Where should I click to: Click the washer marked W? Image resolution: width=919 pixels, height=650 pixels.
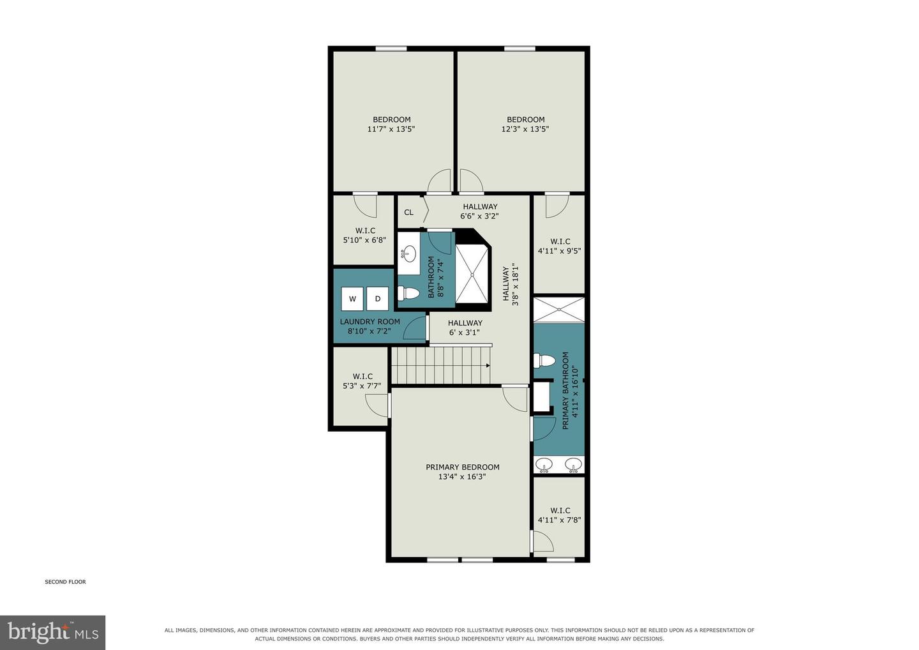tap(352, 299)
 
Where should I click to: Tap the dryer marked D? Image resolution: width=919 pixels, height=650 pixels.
tap(377, 299)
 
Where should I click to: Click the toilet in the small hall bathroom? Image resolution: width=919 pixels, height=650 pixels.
tap(408, 293)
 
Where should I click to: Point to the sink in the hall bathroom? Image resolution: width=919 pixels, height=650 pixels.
tap(408, 254)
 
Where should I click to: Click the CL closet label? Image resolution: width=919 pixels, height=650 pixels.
tap(408, 212)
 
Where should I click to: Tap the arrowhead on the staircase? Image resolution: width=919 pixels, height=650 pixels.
tap(488, 365)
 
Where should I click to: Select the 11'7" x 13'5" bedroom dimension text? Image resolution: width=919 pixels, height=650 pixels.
tap(391, 129)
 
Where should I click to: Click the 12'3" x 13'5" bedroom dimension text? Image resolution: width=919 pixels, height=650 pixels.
tap(525, 129)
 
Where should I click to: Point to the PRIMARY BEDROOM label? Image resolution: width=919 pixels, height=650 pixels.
tap(462, 467)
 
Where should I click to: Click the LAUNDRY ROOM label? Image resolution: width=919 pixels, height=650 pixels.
tap(370, 322)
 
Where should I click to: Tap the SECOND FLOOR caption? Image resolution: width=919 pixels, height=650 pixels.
tap(65, 582)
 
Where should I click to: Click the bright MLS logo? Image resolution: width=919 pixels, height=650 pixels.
tap(52, 632)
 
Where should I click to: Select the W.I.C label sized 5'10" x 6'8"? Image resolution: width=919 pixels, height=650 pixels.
tap(365, 231)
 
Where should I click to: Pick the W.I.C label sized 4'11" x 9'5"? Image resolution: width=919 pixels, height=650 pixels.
tap(560, 241)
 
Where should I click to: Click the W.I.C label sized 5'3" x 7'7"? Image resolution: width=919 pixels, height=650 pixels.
tap(362, 376)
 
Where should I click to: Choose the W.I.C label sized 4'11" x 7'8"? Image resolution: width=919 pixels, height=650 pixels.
tap(560, 510)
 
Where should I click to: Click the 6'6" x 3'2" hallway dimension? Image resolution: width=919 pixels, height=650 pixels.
tap(480, 216)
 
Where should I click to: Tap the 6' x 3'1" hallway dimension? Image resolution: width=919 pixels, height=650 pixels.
tap(464, 333)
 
